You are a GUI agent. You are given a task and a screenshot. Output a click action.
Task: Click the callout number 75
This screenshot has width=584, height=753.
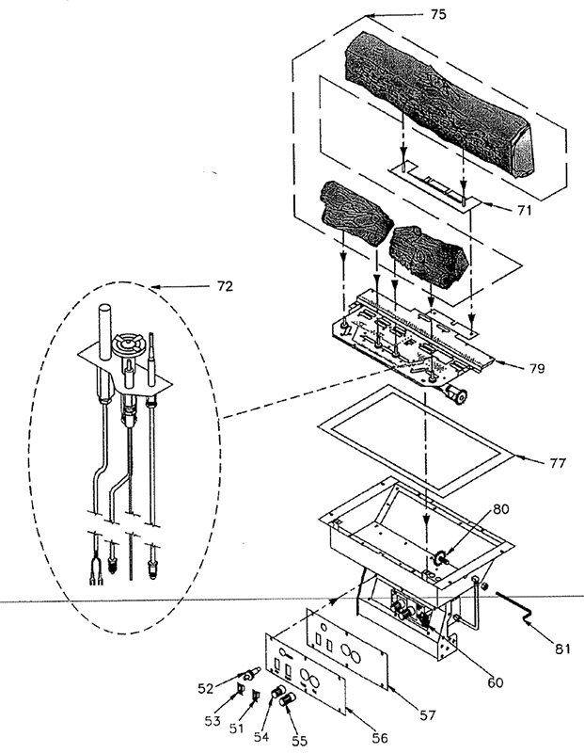click(437, 15)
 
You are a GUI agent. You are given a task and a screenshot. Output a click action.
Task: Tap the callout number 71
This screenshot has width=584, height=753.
click(524, 210)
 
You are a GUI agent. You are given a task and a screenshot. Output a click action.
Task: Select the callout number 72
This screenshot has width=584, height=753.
click(225, 286)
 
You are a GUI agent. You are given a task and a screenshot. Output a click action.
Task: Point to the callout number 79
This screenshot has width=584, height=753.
click(537, 368)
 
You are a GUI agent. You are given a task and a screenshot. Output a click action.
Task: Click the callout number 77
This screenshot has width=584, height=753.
click(558, 463)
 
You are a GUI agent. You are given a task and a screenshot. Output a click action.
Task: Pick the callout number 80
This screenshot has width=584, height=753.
click(500, 509)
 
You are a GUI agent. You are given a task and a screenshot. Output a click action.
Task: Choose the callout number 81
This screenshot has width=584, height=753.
click(562, 649)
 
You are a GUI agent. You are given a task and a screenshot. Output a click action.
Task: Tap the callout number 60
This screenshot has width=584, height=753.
click(495, 681)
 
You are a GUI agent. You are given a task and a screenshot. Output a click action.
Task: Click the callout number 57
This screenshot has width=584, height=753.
click(427, 715)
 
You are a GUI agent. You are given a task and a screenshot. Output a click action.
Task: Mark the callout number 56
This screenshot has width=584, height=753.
click(379, 738)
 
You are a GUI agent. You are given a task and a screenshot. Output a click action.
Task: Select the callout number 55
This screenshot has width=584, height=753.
click(299, 741)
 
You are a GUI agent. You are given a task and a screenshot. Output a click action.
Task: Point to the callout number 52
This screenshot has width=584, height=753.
click(206, 688)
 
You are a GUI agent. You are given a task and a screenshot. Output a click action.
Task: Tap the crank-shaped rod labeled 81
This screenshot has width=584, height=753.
click(513, 608)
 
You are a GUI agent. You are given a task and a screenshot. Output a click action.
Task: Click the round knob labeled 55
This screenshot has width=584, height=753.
click(288, 699)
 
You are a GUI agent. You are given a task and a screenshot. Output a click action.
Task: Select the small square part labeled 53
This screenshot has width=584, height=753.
click(239, 690)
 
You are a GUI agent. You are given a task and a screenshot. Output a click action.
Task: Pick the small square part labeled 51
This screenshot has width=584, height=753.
click(256, 695)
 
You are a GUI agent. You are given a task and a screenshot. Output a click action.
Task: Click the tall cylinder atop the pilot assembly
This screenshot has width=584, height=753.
click(105, 330)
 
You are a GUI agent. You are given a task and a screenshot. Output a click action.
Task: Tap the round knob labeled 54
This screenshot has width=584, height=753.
click(276, 694)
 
